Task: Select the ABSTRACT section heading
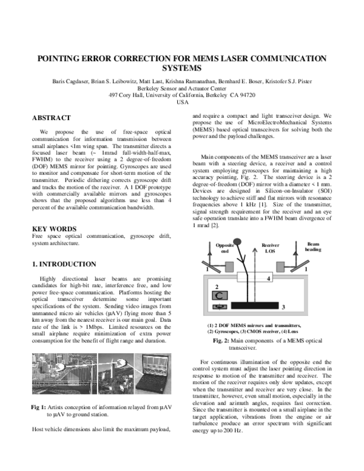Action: coord(52,118)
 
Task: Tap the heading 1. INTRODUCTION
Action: coord(64,265)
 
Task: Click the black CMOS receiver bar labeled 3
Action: coord(254,303)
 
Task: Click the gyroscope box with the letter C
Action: coord(221,296)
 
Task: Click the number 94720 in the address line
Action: coord(248,95)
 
